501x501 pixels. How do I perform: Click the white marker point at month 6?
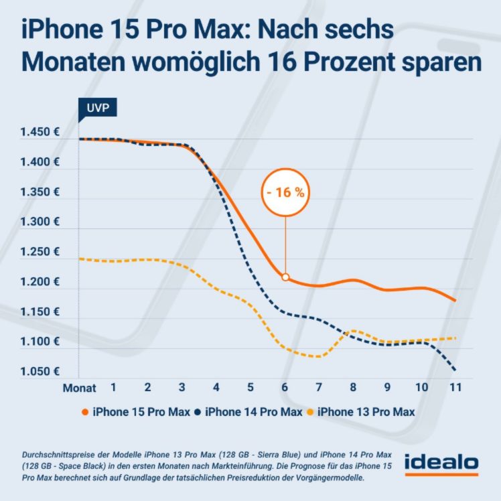[285, 277]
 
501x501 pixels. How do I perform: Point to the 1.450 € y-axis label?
[41, 133]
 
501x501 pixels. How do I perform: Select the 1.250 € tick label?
[41, 253]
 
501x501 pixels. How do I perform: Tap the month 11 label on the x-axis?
[455, 388]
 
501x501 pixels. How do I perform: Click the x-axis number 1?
[114, 388]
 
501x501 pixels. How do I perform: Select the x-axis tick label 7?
[319, 388]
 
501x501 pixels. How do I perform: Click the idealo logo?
[441, 463]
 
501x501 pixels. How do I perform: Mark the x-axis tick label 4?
[216, 388]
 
